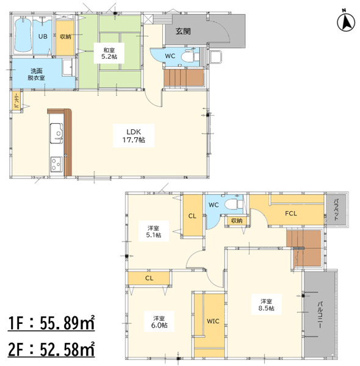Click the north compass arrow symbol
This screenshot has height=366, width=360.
(x=346, y=23)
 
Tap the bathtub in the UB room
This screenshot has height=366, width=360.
(x=23, y=35)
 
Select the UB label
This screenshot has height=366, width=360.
(x=43, y=37)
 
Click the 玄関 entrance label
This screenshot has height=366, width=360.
(x=183, y=31)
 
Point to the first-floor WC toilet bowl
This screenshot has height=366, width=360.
(x=189, y=57)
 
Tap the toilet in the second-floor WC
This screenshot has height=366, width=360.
(x=234, y=204)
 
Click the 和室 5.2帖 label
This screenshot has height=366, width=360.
(x=109, y=53)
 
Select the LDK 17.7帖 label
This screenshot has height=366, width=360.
(x=134, y=135)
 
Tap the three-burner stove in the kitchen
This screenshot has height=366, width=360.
(x=56, y=164)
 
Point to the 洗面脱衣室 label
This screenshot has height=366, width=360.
(x=36, y=74)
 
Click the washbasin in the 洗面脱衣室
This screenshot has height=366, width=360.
(x=68, y=68)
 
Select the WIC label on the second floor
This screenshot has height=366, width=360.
(x=213, y=321)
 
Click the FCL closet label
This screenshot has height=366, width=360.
(x=290, y=213)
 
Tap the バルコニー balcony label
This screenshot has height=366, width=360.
(x=320, y=315)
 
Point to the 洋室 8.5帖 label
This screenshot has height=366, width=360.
(x=266, y=304)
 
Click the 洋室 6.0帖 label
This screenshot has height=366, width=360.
(x=159, y=321)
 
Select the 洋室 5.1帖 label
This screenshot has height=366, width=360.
(x=154, y=231)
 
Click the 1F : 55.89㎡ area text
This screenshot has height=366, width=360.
(x=51, y=323)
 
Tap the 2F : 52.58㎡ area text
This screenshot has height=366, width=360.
(x=51, y=349)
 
